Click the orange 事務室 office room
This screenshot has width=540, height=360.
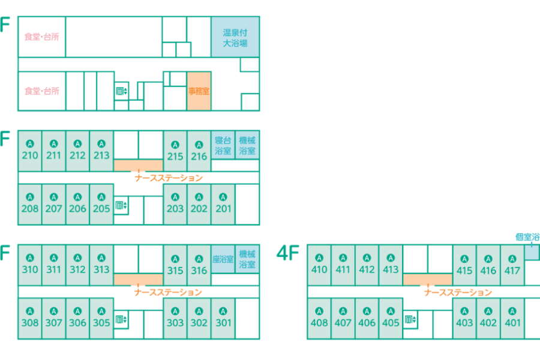[199, 91]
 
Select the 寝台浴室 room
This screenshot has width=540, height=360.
[223, 145]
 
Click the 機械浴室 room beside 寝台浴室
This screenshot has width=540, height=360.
[247, 145]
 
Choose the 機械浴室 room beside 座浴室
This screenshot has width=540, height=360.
[247, 259]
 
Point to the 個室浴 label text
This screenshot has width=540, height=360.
[527, 237]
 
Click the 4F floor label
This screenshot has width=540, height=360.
[288, 254]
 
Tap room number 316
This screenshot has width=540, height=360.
[199, 271]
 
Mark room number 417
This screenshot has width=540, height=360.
[512, 271]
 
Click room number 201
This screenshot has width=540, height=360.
[223, 209]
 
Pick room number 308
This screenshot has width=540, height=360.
[29, 323]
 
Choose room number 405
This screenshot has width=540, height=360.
[391, 323]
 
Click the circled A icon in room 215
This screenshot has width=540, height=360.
[175, 145]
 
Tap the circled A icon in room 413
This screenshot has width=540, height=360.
[391, 258]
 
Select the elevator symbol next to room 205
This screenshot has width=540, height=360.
[121, 206]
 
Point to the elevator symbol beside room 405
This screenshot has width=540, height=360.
[410, 320]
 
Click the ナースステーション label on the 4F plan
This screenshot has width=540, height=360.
[458, 293]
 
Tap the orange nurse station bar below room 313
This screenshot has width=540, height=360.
[139, 279]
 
